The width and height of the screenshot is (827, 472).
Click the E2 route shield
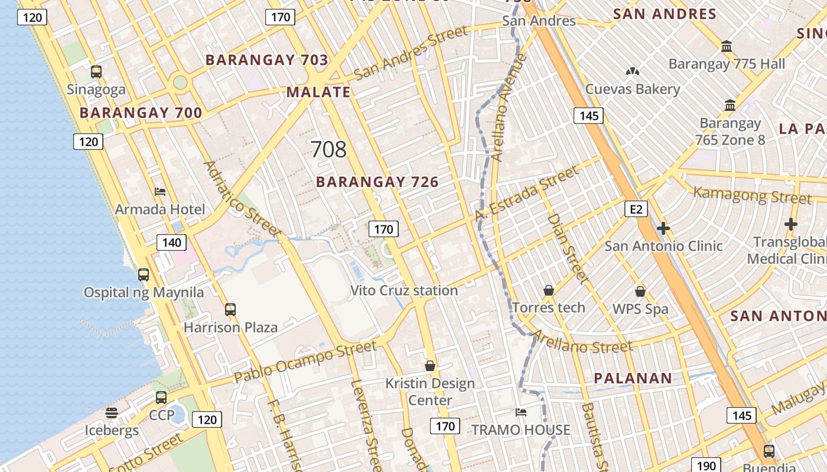636,209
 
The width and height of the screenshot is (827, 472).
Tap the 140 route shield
171,242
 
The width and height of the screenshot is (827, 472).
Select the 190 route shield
706,466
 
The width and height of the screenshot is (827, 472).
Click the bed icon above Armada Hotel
160,191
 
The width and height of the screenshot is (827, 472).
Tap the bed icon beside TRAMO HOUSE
520,412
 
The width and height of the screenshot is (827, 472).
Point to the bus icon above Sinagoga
96,72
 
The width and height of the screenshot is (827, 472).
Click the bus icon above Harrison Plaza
230,309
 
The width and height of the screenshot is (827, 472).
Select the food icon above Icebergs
112,412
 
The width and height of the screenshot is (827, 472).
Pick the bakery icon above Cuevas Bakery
633,71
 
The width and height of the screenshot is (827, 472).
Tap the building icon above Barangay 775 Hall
727,46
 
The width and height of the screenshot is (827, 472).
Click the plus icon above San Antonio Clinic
663,228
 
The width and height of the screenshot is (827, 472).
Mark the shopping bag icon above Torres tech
549,290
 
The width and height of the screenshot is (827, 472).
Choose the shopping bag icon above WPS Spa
640,291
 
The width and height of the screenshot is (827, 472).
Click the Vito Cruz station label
404,290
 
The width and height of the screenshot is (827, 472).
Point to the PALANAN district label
633,378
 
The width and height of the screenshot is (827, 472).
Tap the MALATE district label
318,92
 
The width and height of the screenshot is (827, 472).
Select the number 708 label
328,149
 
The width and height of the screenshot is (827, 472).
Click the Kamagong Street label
752,195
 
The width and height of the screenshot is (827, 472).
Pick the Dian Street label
568,247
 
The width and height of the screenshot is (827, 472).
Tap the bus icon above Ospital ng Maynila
144,274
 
